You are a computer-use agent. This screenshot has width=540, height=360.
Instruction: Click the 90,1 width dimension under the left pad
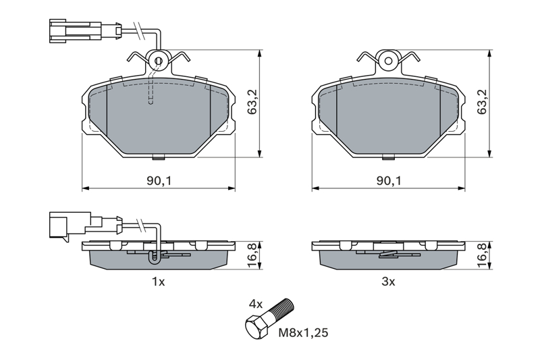click(x=159, y=180)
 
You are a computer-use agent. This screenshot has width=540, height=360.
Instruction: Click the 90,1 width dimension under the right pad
click(x=389, y=180)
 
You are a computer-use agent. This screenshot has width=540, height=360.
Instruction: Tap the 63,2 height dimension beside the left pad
click(x=252, y=102)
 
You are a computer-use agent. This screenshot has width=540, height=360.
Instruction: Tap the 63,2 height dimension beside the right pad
click(x=482, y=102)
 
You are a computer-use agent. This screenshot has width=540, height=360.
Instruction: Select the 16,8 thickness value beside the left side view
click(x=252, y=255)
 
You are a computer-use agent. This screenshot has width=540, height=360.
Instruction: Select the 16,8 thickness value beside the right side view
click(x=482, y=255)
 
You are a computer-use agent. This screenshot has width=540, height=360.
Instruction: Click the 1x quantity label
click(x=159, y=282)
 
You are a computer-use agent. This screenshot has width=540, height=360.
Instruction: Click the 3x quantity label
click(x=389, y=282)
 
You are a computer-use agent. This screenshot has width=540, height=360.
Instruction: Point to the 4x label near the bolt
click(x=256, y=304)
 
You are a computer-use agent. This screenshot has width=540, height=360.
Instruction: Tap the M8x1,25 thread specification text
click(x=303, y=333)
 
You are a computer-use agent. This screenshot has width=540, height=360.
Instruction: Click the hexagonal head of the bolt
click(x=256, y=328)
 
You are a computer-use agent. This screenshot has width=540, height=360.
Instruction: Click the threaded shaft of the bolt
click(x=281, y=309)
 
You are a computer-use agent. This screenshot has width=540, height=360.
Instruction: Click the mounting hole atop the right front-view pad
click(x=389, y=61)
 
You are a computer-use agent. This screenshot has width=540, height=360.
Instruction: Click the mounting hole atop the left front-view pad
click(x=159, y=61)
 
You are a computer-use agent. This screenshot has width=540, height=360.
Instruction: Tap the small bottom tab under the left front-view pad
click(x=159, y=157)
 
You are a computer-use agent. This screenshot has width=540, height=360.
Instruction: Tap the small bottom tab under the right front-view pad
click(x=389, y=157)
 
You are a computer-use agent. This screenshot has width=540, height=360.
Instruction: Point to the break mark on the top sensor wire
click(x=140, y=31)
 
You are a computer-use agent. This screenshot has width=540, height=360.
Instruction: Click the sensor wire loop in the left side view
click(x=155, y=257)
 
